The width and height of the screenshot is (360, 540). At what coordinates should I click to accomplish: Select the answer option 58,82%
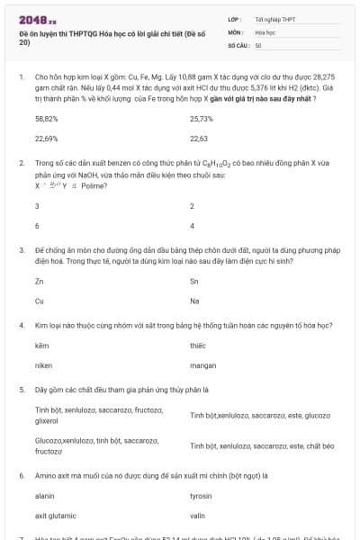(46, 119)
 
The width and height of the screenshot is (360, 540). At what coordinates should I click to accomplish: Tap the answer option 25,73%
(202, 119)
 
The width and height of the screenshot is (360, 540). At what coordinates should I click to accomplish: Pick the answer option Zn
(39, 282)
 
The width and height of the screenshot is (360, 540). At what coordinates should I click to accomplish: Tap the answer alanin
(44, 496)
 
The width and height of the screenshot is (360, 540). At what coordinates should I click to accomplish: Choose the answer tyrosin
(201, 496)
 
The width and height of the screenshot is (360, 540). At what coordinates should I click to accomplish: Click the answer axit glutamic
(54, 516)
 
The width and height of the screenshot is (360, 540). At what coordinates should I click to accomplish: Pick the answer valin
(198, 516)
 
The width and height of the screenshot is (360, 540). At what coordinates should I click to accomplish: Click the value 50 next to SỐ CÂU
(258, 44)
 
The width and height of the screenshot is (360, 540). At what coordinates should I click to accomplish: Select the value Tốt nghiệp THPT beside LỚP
(274, 18)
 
